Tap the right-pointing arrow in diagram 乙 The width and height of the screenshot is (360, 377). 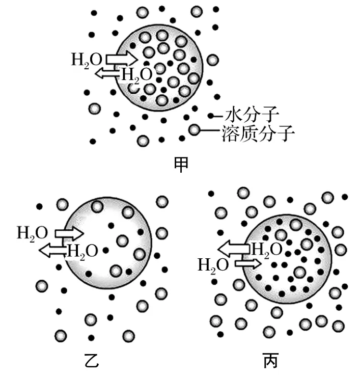69,234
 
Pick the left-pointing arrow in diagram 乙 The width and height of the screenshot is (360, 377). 53,250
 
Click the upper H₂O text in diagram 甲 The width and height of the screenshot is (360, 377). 87,59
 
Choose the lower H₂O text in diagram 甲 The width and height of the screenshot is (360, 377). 136,74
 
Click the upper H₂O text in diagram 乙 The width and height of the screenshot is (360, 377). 33,233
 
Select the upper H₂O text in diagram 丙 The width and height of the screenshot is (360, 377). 267,249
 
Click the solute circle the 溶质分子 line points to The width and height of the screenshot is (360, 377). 194,130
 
